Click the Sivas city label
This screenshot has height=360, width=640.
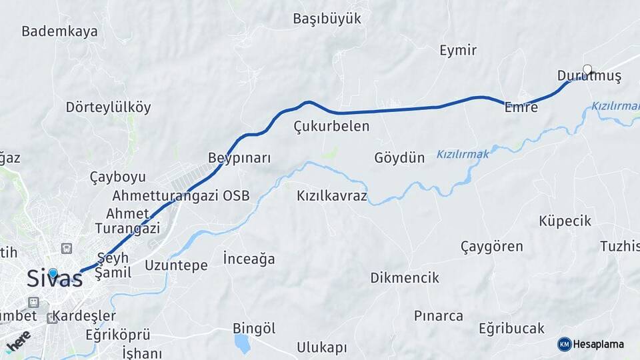(55, 279)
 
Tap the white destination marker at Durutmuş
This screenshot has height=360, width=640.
(587, 69)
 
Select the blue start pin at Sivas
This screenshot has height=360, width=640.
(53, 273)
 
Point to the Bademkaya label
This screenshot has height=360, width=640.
(59, 31)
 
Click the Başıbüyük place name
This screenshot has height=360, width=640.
(327, 19)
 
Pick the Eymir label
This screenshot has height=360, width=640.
(458, 50)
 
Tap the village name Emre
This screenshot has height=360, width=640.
(521, 107)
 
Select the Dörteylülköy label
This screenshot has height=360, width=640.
(108, 107)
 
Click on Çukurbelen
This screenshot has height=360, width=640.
(331, 126)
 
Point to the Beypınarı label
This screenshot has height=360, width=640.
(239, 158)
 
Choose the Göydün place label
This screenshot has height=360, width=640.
(399, 158)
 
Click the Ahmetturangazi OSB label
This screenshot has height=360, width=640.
(181, 196)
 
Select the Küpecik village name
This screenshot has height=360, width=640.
(565, 221)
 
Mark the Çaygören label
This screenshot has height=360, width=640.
(492, 247)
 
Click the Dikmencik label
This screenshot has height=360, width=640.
(405, 278)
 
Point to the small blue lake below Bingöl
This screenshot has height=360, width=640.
(242, 343)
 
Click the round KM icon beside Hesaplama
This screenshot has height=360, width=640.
(565, 344)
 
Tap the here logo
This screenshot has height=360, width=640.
(18, 342)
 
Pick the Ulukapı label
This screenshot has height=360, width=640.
(322, 348)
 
